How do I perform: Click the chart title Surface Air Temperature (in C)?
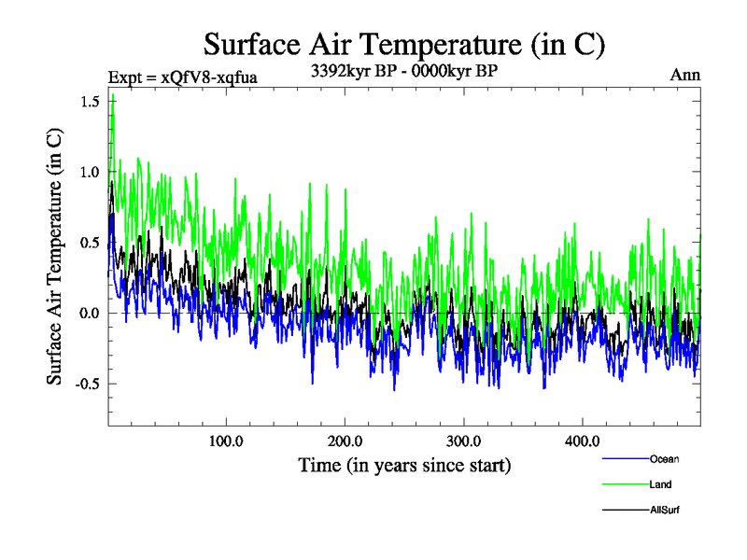tap(406, 44)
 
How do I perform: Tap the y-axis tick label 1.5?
tap(90, 101)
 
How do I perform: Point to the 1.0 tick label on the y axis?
tap(90, 172)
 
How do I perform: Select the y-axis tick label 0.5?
tap(90, 243)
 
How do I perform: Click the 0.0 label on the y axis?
tap(90, 313)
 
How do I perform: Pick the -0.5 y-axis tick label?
tap(87, 384)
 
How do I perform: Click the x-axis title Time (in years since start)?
tap(404, 464)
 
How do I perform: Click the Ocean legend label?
tap(664, 459)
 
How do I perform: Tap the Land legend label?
tap(660, 484)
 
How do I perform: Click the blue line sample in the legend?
tap(625, 459)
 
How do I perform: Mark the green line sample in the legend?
tap(625, 484)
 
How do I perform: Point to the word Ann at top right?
tap(684, 75)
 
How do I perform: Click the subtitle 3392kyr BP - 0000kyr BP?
tap(404, 69)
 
